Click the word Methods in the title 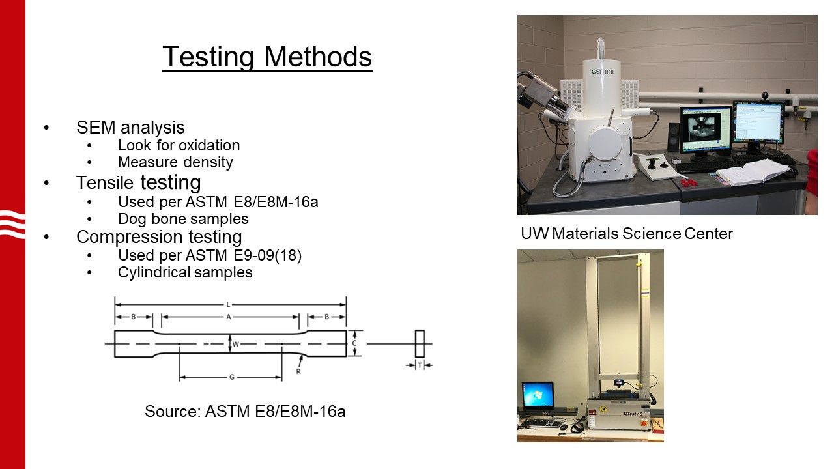point(318,57)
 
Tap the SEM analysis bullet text point(130,127)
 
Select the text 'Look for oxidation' point(179,145)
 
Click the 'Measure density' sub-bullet point(175,162)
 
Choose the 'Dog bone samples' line point(183,219)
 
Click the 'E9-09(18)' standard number point(267,255)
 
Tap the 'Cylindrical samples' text point(185,272)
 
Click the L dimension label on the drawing point(228,305)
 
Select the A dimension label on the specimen point(229,317)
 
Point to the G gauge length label point(231,377)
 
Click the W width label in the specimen point(236,345)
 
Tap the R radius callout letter point(298,371)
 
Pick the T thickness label point(420,365)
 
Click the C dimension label point(354,343)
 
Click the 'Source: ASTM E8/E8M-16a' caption point(245,411)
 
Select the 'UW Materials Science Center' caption point(627,234)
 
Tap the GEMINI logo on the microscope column point(603,72)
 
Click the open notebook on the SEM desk point(753,172)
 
